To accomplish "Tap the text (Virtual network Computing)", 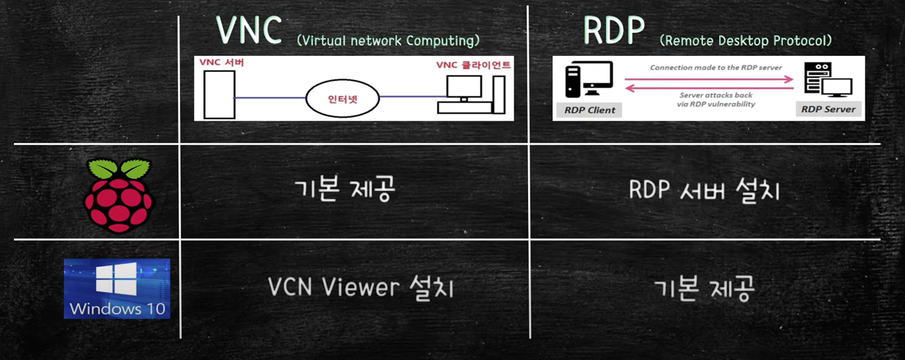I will coord(388,40).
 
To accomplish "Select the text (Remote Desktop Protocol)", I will coord(746,40).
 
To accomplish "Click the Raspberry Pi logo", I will coord(119,194).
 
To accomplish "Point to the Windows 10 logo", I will coord(117,288).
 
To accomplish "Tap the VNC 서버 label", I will coord(222,63).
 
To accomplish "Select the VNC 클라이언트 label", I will coord(473,65).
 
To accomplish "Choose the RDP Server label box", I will coord(828,109).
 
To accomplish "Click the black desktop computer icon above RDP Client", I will coord(588,79).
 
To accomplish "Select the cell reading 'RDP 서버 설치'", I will coord(704,190).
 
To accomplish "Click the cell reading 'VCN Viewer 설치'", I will coord(361,287).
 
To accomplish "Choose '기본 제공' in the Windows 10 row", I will coord(704,288).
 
